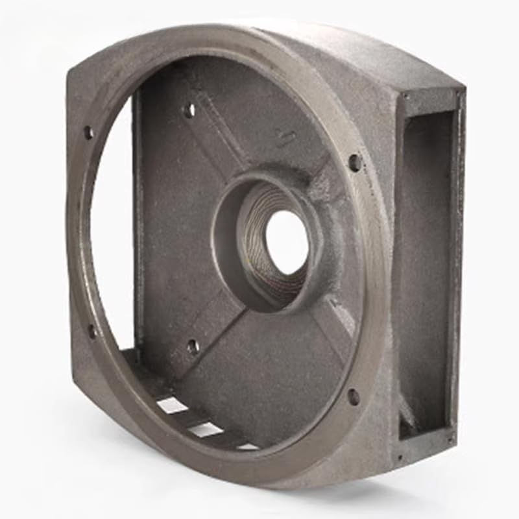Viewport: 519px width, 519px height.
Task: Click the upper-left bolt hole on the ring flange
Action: [88, 132]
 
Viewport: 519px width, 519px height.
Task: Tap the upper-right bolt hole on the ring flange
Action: [354, 162]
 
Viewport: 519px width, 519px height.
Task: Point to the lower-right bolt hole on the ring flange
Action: [353, 396]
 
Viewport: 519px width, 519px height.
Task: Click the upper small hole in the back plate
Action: [189, 110]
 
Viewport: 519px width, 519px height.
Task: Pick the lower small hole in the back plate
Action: [193, 346]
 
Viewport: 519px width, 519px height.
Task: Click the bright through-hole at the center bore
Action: [287, 241]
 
